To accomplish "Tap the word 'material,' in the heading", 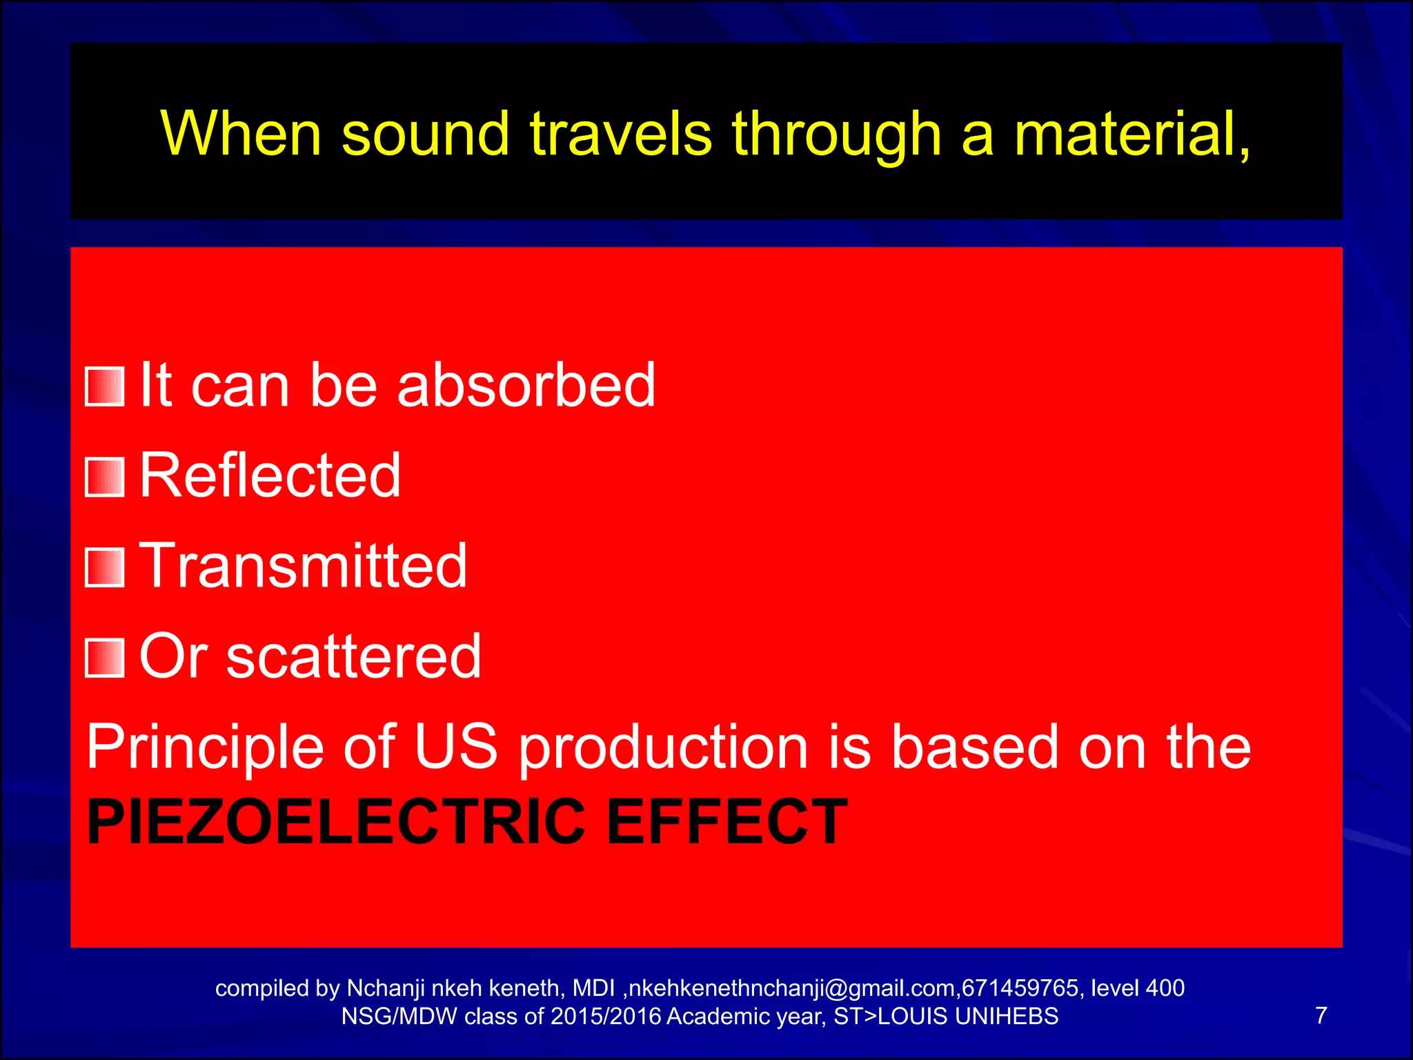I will [1132, 135].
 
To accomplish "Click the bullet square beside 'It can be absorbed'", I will [104, 386].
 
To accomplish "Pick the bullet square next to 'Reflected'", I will [104, 477].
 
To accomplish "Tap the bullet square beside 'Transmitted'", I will [104, 567].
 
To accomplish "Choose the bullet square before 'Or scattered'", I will [104, 658].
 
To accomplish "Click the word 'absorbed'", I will [526, 385].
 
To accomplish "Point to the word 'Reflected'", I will [270, 475].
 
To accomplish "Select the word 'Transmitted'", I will [304, 565].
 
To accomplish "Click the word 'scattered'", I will [354, 656].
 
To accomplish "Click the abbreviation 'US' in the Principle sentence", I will [456, 747].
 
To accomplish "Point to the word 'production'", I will [663, 748].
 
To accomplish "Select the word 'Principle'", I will [205, 748].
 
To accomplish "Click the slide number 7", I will [1321, 1015].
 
